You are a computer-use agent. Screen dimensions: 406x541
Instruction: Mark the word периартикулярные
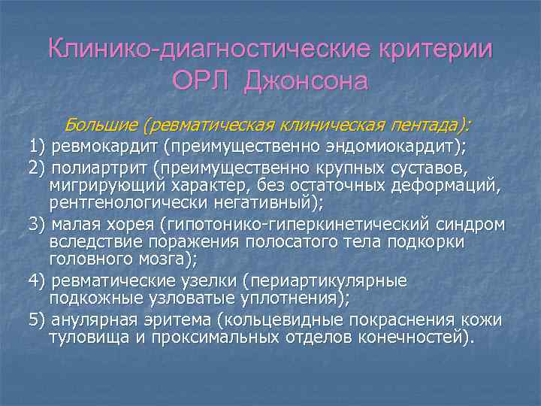pos(331,280)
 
